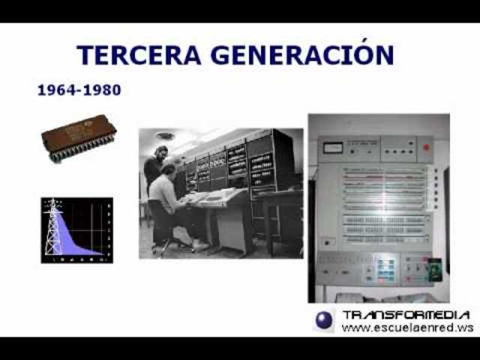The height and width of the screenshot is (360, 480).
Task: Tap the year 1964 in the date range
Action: click(x=56, y=90)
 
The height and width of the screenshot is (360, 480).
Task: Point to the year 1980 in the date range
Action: click(x=102, y=90)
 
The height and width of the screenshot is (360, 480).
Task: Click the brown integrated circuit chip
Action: click(x=78, y=138)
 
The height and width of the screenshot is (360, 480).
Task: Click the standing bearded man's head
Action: click(x=160, y=153)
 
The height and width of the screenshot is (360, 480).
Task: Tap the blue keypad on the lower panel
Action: click(x=385, y=266)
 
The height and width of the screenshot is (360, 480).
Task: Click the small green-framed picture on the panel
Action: click(x=433, y=265)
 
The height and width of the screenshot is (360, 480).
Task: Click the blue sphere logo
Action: click(x=324, y=319)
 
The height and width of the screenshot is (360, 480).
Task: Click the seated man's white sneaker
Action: click(x=199, y=244)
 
